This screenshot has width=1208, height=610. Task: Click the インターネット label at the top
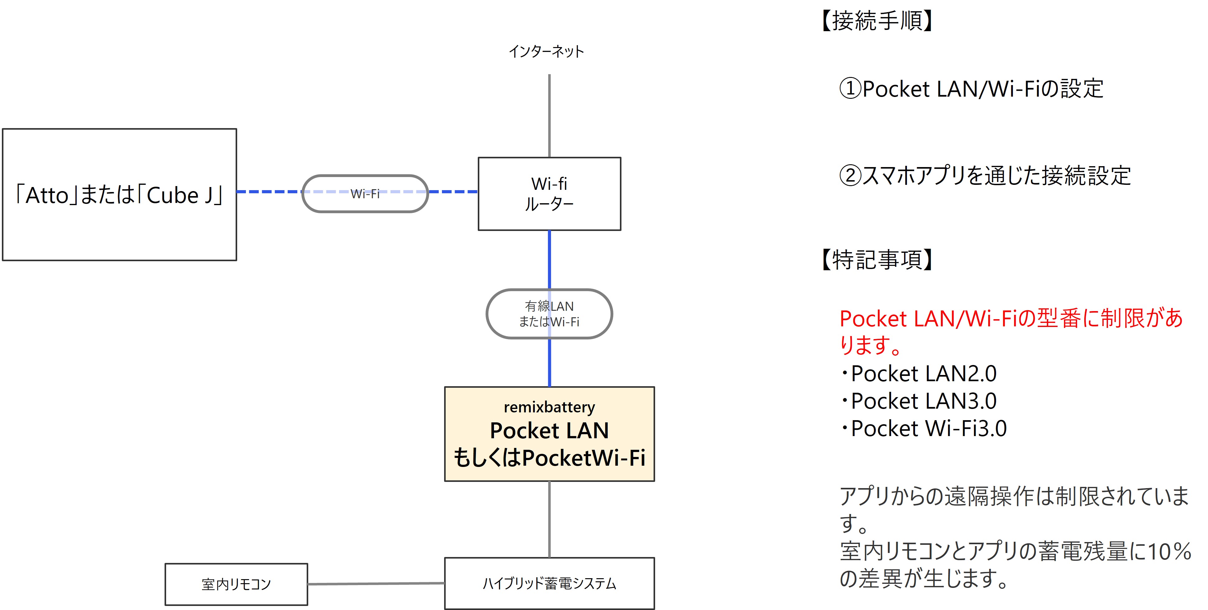[x=546, y=51]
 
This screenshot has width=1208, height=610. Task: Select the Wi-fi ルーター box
[x=549, y=194]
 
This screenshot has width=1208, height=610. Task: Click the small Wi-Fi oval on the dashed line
[x=365, y=194]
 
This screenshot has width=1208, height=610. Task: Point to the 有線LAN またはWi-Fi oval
[x=549, y=314]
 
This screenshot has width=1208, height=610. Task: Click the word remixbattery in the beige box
[x=549, y=407]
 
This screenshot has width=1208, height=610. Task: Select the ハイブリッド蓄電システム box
[x=549, y=583]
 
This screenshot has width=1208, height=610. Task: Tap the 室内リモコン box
[x=236, y=584]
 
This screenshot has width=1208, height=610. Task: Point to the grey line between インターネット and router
[x=549, y=115]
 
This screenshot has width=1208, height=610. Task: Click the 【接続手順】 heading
[x=877, y=21]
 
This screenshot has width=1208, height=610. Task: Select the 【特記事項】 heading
[x=877, y=260]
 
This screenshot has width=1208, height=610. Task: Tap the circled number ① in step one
[x=850, y=89]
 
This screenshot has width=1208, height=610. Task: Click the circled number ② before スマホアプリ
[x=850, y=175]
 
